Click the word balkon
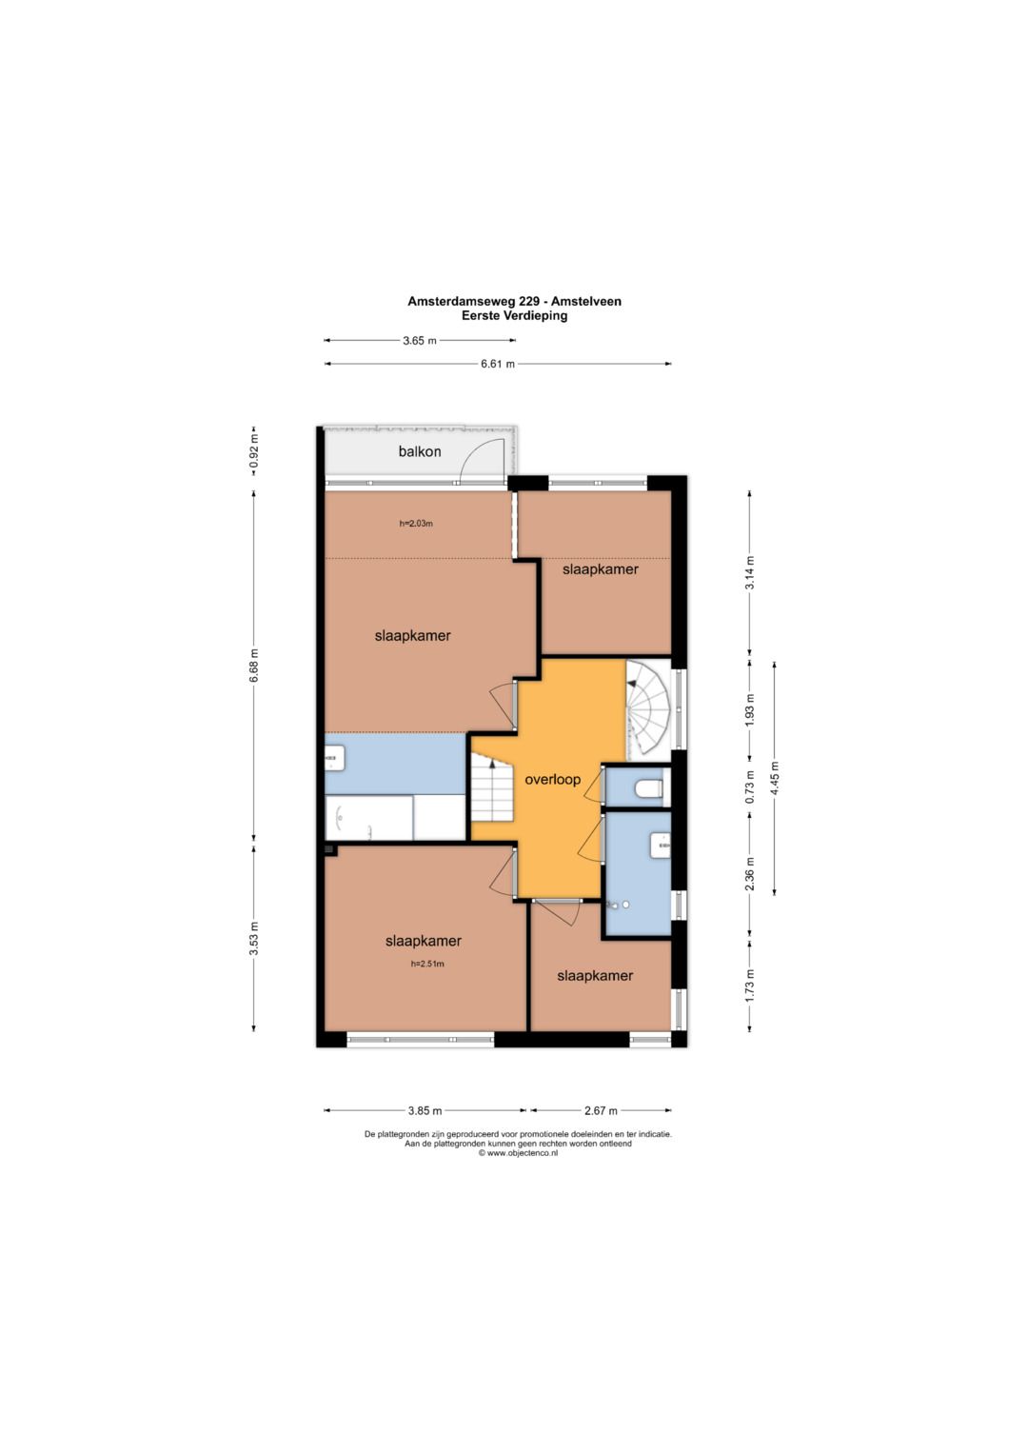pyautogui.click(x=419, y=451)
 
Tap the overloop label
pyautogui.click(x=552, y=780)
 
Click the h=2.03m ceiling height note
pyautogui.click(x=416, y=523)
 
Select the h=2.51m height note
pyautogui.click(x=427, y=964)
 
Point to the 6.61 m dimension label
pyautogui.click(x=498, y=364)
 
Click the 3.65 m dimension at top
pyautogui.click(x=419, y=340)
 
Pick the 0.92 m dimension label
pyautogui.click(x=254, y=450)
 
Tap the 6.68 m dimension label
pyautogui.click(x=254, y=666)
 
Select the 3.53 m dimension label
pyautogui.click(x=254, y=939)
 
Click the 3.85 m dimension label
pyautogui.click(x=425, y=1110)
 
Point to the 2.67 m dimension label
pyautogui.click(x=601, y=1110)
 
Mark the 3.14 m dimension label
pyautogui.click(x=750, y=573)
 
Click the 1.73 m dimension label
pyautogui.click(x=750, y=986)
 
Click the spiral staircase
pyautogui.click(x=647, y=707)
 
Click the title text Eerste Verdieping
pyautogui.click(x=514, y=316)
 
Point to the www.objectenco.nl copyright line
pyautogui.click(x=518, y=1153)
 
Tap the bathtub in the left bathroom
pyautogui.click(x=368, y=818)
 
